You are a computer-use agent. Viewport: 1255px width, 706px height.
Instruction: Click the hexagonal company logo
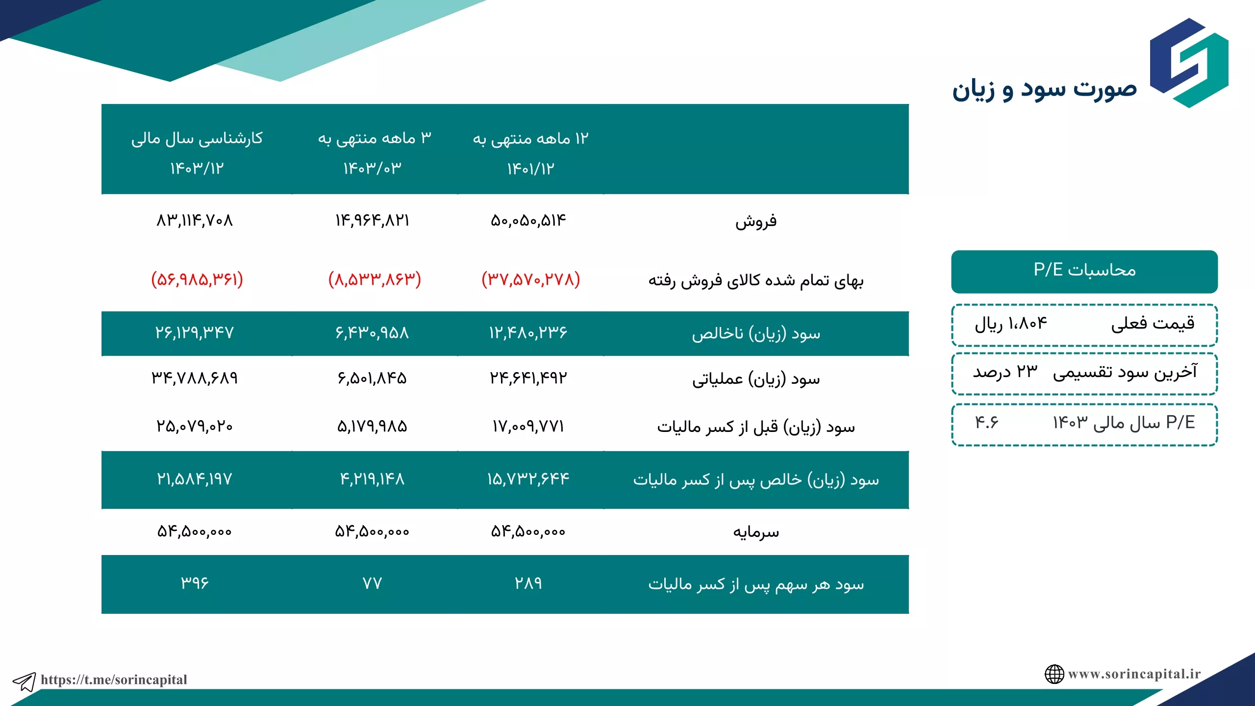(x=1189, y=63)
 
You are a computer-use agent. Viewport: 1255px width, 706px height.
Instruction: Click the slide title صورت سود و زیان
(x=1044, y=90)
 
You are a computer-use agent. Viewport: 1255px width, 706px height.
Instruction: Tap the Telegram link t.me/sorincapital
(x=114, y=680)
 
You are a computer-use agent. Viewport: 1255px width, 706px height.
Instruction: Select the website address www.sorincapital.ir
(x=1134, y=674)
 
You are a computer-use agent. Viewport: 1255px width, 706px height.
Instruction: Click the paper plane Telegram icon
(x=24, y=681)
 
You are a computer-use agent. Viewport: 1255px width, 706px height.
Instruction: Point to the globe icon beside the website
(x=1054, y=674)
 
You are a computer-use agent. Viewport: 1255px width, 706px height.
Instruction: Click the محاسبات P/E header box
(x=1084, y=272)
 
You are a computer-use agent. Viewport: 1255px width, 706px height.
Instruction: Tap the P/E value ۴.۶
(x=986, y=422)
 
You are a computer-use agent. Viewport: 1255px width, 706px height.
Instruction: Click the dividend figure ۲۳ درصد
(x=1005, y=372)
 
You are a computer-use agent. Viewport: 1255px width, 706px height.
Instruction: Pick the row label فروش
(x=756, y=221)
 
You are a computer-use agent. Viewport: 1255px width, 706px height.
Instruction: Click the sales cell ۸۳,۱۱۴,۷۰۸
(x=195, y=221)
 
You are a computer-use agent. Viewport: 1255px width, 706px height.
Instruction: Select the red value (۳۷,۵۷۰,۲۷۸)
(x=531, y=279)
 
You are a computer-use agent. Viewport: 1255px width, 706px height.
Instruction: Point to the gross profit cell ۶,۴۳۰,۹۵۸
(x=372, y=333)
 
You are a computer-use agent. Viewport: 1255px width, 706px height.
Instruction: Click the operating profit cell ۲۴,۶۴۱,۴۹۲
(x=528, y=378)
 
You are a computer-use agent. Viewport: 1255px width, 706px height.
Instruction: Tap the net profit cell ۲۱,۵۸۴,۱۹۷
(x=195, y=479)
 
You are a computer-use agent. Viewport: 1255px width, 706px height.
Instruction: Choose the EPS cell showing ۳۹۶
(x=195, y=583)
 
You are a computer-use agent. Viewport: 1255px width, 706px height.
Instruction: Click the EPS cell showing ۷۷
(x=372, y=583)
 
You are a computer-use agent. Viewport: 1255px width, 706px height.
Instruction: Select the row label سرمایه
(x=756, y=532)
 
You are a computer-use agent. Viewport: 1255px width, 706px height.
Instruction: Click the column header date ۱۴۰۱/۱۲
(x=531, y=169)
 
